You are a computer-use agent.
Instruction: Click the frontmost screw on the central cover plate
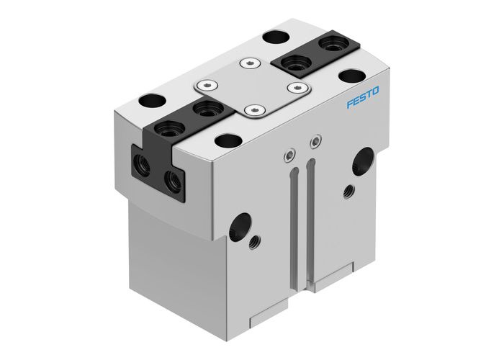click(x=251, y=110)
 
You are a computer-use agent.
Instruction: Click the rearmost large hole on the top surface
click(x=274, y=36)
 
